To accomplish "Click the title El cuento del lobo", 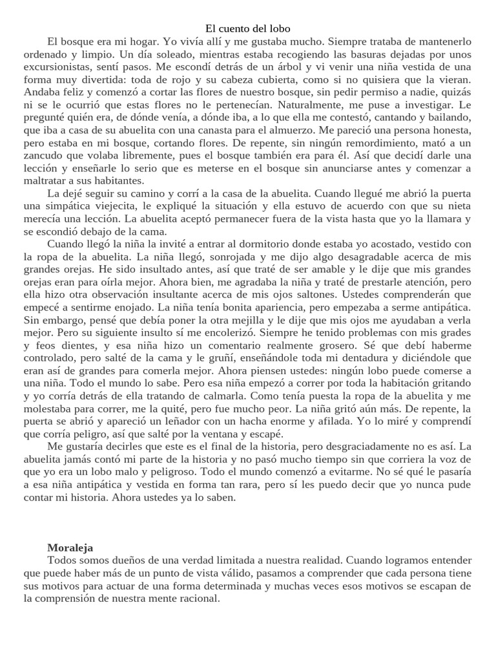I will point(248,28).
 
